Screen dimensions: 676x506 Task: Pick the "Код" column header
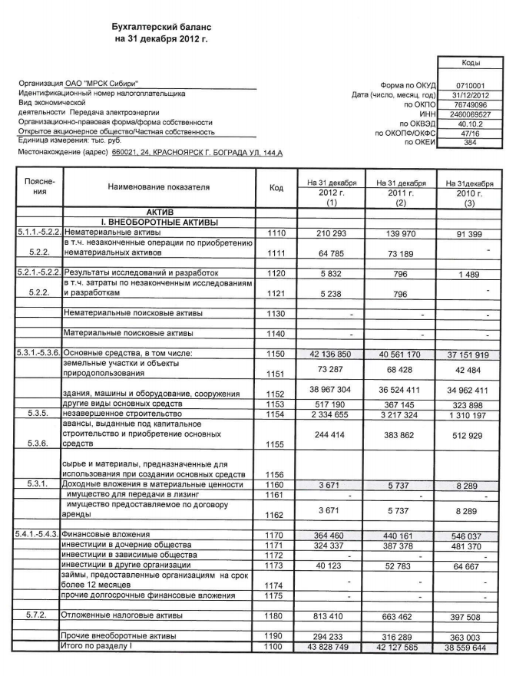[x=276, y=187]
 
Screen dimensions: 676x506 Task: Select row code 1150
[x=276, y=352]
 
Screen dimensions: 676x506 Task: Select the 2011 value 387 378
[x=397, y=544]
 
